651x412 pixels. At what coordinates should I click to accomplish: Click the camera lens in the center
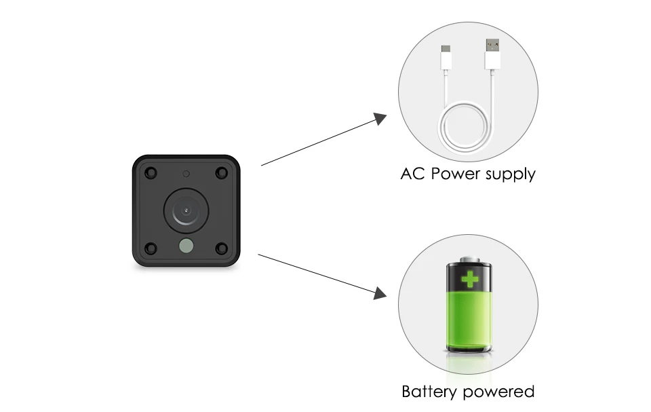tap(185, 211)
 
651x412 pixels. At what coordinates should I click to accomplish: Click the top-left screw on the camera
tap(151, 172)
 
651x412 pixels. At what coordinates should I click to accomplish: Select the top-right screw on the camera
tap(221, 172)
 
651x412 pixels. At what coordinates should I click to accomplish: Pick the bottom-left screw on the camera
tap(151, 248)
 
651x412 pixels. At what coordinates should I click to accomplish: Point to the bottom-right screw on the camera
tap(221, 248)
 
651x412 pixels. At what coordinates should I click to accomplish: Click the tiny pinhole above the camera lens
tap(185, 172)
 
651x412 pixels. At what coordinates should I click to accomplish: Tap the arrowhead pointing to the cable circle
tap(380, 118)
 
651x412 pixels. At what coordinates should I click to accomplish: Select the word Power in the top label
tap(459, 174)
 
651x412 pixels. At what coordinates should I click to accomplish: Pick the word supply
tap(511, 175)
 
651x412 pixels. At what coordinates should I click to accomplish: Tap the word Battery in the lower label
tap(431, 392)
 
